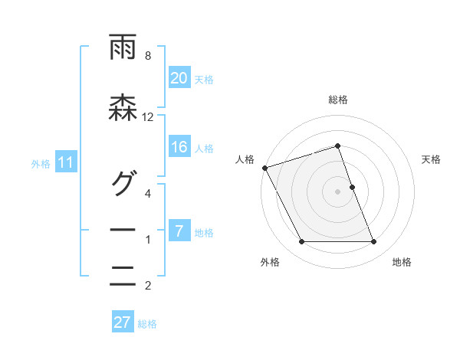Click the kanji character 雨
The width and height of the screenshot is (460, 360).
pos(123,48)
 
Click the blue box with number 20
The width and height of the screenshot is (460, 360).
pos(179,78)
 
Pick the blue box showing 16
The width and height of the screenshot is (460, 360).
pos(179,148)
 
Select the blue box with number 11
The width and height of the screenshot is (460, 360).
pos(66,162)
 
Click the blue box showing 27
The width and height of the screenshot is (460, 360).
pos(123,322)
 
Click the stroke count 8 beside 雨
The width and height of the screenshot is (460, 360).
pos(148,55)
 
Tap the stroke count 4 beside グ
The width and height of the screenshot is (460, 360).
pos(148,193)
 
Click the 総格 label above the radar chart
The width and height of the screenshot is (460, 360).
pos(338,100)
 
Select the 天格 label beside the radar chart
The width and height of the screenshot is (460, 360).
pos(432,159)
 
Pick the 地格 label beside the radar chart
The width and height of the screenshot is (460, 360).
pos(402,263)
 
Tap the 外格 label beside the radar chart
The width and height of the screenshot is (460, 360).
pos(270,263)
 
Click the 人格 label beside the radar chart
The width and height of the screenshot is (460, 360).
pos(245,159)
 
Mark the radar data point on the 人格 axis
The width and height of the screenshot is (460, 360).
pos(265,168)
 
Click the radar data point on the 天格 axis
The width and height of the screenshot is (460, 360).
pos(352,186)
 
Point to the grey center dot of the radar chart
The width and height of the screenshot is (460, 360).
pos(338,191)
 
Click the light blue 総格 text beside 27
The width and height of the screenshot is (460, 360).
pos(147,323)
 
